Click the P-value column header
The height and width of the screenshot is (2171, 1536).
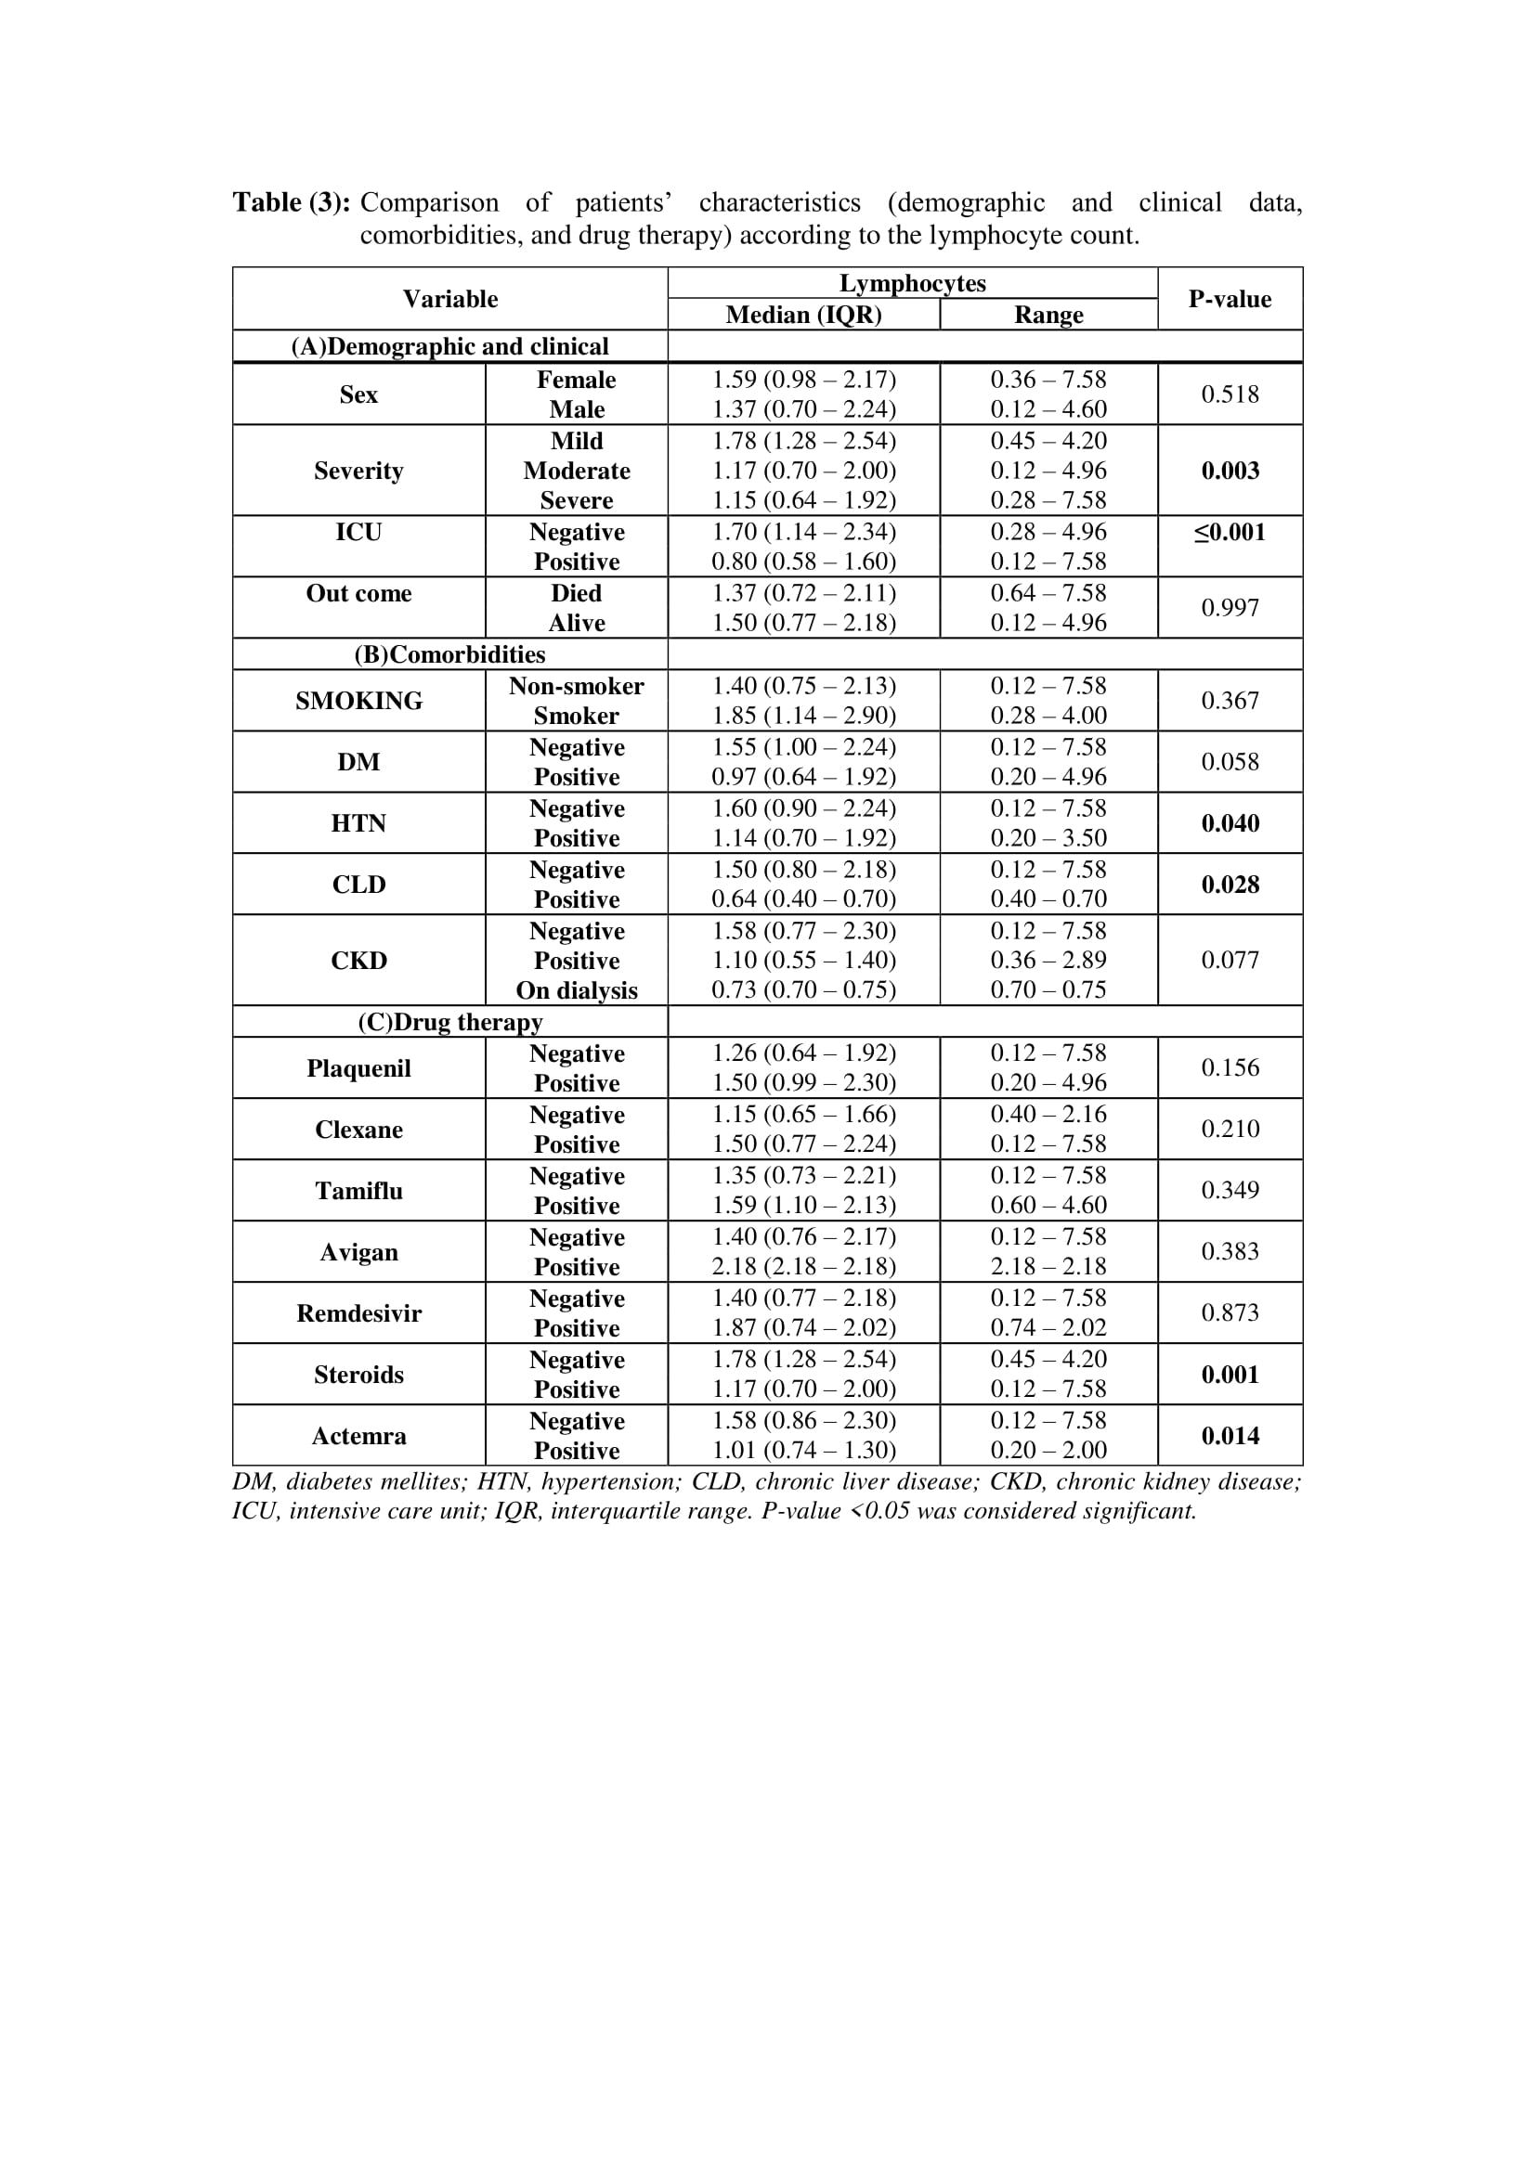click(x=1230, y=299)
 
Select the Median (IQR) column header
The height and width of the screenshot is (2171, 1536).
click(x=803, y=315)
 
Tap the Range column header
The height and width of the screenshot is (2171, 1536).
click(x=1048, y=315)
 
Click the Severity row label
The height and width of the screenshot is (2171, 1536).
click(x=358, y=470)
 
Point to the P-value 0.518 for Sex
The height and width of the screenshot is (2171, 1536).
click(x=1230, y=394)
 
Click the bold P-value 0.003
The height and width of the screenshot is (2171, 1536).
click(x=1230, y=470)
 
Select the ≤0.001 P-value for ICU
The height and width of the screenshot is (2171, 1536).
click(x=1230, y=533)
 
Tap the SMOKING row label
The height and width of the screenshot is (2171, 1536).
click(x=358, y=701)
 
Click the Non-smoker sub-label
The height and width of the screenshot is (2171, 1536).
click(x=576, y=686)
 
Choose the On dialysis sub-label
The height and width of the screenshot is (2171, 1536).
click(x=576, y=990)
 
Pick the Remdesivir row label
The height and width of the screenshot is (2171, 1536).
click(x=358, y=1313)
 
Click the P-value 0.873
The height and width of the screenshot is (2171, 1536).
click(x=1230, y=1312)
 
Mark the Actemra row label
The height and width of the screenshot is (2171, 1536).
click(x=358, y=1435)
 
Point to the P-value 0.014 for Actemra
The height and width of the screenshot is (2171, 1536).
click(x=1230, y=1435)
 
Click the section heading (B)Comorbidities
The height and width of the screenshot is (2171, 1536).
click(x=449, y=654)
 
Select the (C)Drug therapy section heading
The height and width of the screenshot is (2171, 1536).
click(x=449, y=1022)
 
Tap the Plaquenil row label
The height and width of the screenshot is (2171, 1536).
click(x=358, y=1068)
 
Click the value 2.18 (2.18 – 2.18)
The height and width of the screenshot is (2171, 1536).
click(x=803, y=1266)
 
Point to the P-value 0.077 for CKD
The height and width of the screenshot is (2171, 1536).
click(x=1230, y=960)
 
